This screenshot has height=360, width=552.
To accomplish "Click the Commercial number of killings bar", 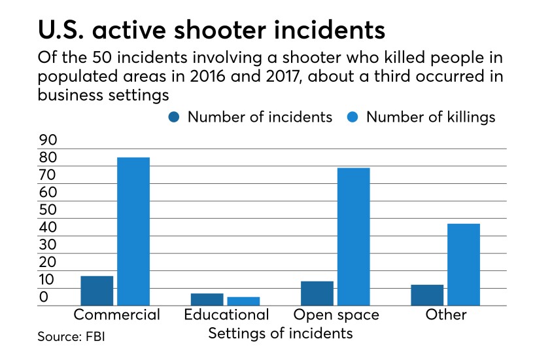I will point(133,231).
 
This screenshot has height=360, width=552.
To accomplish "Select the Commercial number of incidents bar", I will point(97,290).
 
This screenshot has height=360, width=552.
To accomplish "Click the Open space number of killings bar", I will point(353,236).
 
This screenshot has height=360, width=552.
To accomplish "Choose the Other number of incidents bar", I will point(426,295).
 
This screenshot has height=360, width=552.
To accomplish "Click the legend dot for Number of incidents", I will point(175,117).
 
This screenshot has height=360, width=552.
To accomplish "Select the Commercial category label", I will point(116,315).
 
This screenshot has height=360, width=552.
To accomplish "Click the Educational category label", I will point(226,315).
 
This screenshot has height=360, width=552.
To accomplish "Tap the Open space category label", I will point(336,315).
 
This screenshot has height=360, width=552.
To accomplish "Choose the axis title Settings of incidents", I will point(280,333).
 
